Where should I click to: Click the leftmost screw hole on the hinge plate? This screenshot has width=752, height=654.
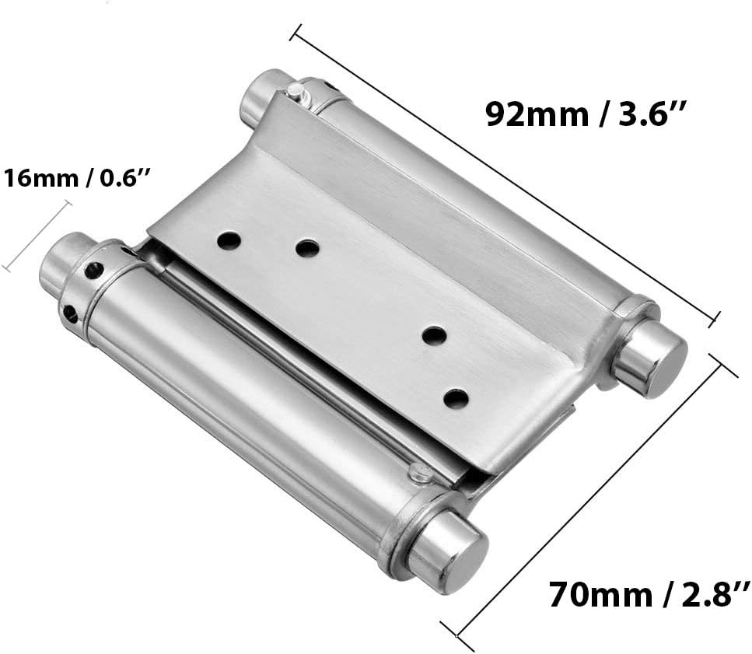click(228, 240)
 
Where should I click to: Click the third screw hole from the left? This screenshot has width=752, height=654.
click(434, 336)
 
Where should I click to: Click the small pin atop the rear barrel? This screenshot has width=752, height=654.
click(295, 92)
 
